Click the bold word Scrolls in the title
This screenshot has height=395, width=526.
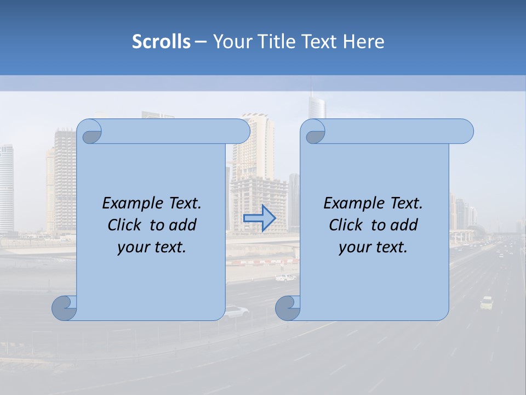coord(161,42)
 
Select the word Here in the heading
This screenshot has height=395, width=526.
coord(363,42)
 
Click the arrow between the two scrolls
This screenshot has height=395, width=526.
coord(260,218)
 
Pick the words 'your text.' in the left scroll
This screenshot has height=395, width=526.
coord(152,247)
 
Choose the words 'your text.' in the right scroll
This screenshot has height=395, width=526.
coord(373,247)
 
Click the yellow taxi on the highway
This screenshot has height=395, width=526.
coord(487,302)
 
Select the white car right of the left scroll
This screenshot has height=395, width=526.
coord(236,312)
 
